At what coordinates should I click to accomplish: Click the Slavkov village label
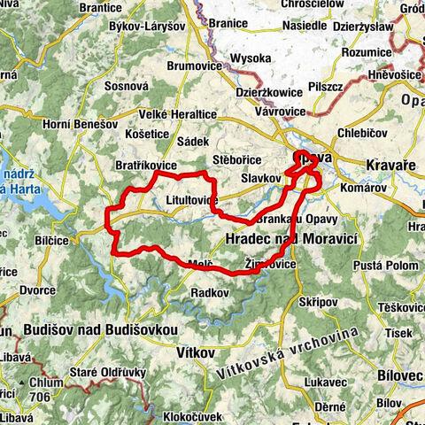(x=259, y=179)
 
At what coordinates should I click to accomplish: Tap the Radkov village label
(x=211, y=292)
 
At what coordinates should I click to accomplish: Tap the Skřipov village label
(x=319, y=302)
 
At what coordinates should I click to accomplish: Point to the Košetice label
(x=148, y=133)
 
